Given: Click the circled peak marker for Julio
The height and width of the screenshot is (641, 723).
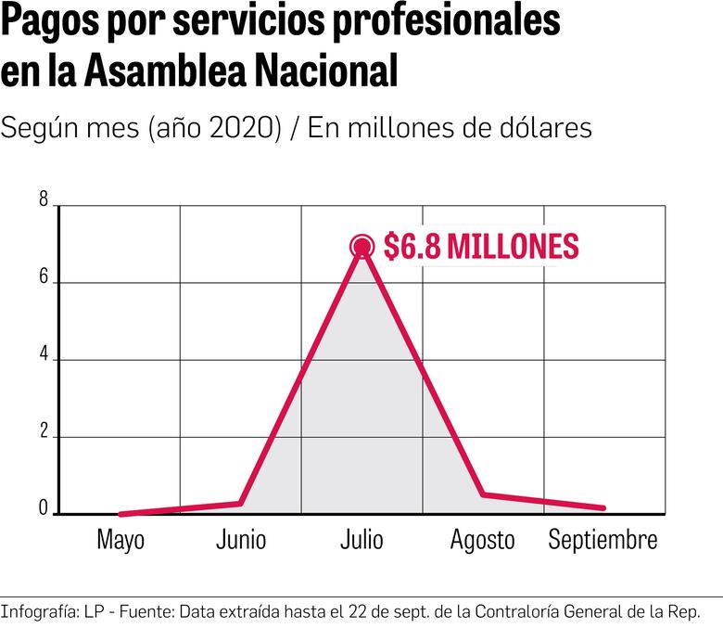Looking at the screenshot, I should click(361, 247).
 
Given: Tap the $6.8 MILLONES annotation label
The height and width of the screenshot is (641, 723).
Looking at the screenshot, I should click(481, 246).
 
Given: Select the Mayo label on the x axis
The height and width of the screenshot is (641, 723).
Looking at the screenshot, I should click(120, 540).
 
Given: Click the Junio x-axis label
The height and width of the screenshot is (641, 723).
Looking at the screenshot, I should click(241, 540).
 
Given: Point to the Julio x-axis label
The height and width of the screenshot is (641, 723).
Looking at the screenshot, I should click(361, 540).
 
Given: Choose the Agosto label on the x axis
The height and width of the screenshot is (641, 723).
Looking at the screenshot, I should click(482, 541).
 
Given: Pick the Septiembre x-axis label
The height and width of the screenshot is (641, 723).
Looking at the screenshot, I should click(602, 540).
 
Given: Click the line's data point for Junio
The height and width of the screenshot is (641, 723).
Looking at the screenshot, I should click(241, 503).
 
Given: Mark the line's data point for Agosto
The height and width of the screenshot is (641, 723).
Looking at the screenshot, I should click(483, 494).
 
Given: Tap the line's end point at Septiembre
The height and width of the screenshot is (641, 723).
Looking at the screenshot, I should click(603, 508).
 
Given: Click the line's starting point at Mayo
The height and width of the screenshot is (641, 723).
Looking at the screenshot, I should click(120, 514).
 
